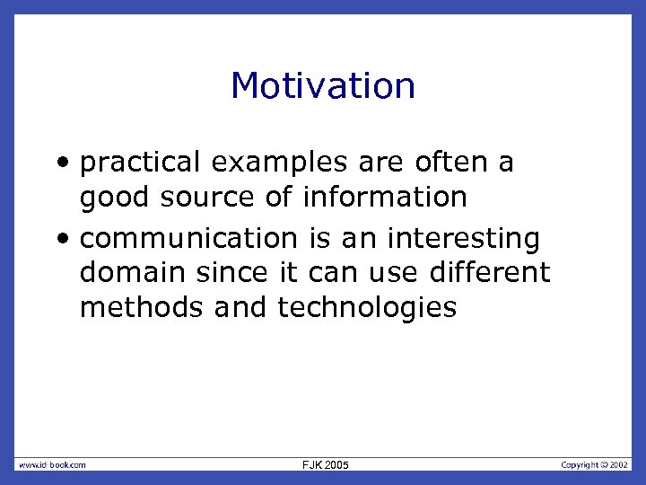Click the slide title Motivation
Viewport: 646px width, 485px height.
[x=323, y=86]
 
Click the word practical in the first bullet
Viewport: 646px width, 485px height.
[x=138, y=163]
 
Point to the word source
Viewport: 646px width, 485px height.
[x=219, y=197]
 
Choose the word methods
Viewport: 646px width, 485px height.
[x=143, y=307]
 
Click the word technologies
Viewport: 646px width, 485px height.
[x=367, y=307]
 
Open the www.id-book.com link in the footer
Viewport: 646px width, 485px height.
[x=53, y=464]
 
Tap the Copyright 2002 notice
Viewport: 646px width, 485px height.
[x=595, y=464]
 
